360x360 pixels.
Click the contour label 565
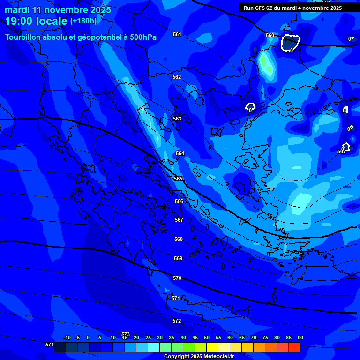[x=178, y=179]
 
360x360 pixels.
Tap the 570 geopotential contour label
[x=177, y=278]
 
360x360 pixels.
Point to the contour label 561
[x=177, y=34]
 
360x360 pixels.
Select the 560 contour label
[x=270, y=35]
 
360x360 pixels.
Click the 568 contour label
[x=178, y=239]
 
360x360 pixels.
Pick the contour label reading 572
[x=177, y=321]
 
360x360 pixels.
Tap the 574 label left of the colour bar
[x=49, y=345]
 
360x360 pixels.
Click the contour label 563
[x=177, y=119]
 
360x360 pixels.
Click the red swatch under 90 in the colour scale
[x=294, y=347]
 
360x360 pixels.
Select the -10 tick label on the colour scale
[x=67, y=338]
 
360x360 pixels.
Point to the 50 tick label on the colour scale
[x=206, y=338]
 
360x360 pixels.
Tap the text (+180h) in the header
[x=83, y=21]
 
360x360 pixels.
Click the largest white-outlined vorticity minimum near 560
[x=290, y=43]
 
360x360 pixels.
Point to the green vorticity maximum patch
[x=266, y=64]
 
